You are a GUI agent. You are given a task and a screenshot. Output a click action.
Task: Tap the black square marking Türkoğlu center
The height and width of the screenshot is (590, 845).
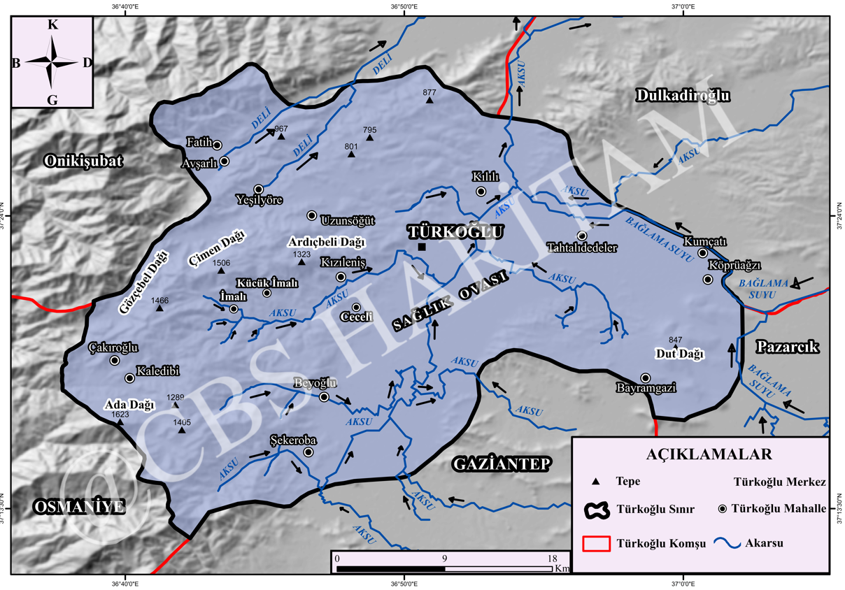pyautogui.click(x=422, y=247)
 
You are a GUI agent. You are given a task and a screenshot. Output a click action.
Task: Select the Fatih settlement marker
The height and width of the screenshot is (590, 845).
pyautogui.click(x=218, y=145)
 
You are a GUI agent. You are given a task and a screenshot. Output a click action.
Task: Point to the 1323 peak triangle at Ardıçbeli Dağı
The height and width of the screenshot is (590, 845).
pyautogui.click(x=302, y=262)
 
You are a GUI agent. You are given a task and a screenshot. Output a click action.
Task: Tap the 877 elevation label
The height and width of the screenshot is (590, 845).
pyautogui.click(x=429, y=92)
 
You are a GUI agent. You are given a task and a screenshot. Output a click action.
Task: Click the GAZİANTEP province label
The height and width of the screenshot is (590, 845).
pyautogui.click(x=502, y=463)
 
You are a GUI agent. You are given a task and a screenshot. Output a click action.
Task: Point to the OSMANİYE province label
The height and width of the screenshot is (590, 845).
pyautogui.click(x=80, y=507)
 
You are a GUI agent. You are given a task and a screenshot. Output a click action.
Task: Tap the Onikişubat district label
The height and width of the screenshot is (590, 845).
pyautogui.click(x=83, y=161)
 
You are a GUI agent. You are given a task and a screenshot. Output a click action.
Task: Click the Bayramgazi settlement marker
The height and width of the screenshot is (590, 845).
pyautogui.click(x=646, y=377)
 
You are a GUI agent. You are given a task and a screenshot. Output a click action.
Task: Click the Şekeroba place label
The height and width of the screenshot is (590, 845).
pyautogui.click(x=293, y=440)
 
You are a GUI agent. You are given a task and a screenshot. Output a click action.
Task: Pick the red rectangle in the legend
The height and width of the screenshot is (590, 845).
pyautogui.click(x=595, y=542)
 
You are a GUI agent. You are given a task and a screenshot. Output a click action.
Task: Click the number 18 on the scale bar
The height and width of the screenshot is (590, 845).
pyautogui.click(x=552, y=559)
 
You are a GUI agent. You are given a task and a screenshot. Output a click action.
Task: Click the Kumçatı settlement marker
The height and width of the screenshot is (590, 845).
pyautogui.click(x=703, y=253)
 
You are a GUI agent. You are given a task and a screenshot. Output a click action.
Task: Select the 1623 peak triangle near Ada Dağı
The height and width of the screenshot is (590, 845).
pyautogui.click(x=120, y=422)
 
